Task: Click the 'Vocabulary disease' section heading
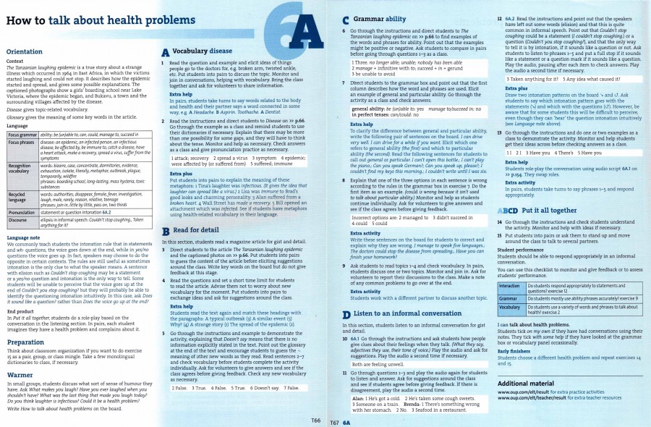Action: (x=202, y=51)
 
